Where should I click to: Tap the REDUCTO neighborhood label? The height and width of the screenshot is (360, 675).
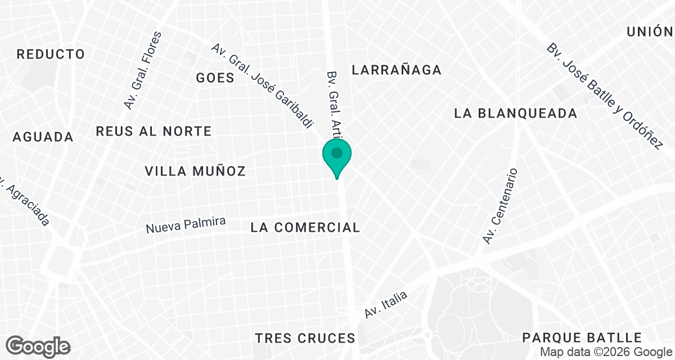(51, 55)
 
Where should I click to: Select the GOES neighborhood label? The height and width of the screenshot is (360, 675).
(215, 78)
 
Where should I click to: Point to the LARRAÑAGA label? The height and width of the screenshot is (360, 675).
(397, 70)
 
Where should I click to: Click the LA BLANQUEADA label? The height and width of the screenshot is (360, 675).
(516, 113)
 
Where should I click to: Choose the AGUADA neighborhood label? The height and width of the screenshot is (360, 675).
(43, 137)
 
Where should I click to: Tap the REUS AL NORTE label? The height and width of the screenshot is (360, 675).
(154, 131)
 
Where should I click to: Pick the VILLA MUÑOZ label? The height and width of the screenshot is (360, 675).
(195, 171)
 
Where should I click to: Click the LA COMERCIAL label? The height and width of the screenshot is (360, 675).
(305, 227)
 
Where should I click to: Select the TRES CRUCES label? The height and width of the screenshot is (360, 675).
(305, 338)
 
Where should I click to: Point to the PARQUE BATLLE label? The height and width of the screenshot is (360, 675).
(582, 337)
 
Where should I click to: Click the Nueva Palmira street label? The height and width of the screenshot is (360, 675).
(186, 226)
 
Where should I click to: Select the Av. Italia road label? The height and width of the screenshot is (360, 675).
(385, 305)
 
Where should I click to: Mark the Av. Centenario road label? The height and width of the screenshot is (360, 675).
(500, 206)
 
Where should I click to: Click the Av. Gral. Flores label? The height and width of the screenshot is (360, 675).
(142, 70)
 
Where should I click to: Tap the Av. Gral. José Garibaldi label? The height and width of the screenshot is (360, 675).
(262, 86)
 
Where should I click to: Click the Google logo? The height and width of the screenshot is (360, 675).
(38, 345)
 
